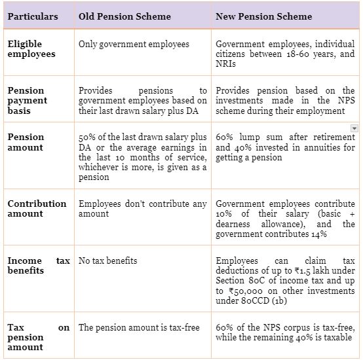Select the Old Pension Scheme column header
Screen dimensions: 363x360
coord(124,16)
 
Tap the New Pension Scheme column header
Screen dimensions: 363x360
coord(263,16)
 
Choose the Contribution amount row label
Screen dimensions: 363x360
coord(37,209)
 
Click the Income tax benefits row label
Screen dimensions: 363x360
coord(39,266)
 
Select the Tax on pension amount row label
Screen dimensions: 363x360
coord(39,338)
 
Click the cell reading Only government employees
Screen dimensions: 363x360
coord(134,45)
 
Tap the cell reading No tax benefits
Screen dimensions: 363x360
coord(108,261)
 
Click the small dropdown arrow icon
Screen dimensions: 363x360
coord(354,128)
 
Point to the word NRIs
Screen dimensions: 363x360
coord(225,64)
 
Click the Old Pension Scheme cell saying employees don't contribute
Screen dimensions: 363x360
coord(143,209)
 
